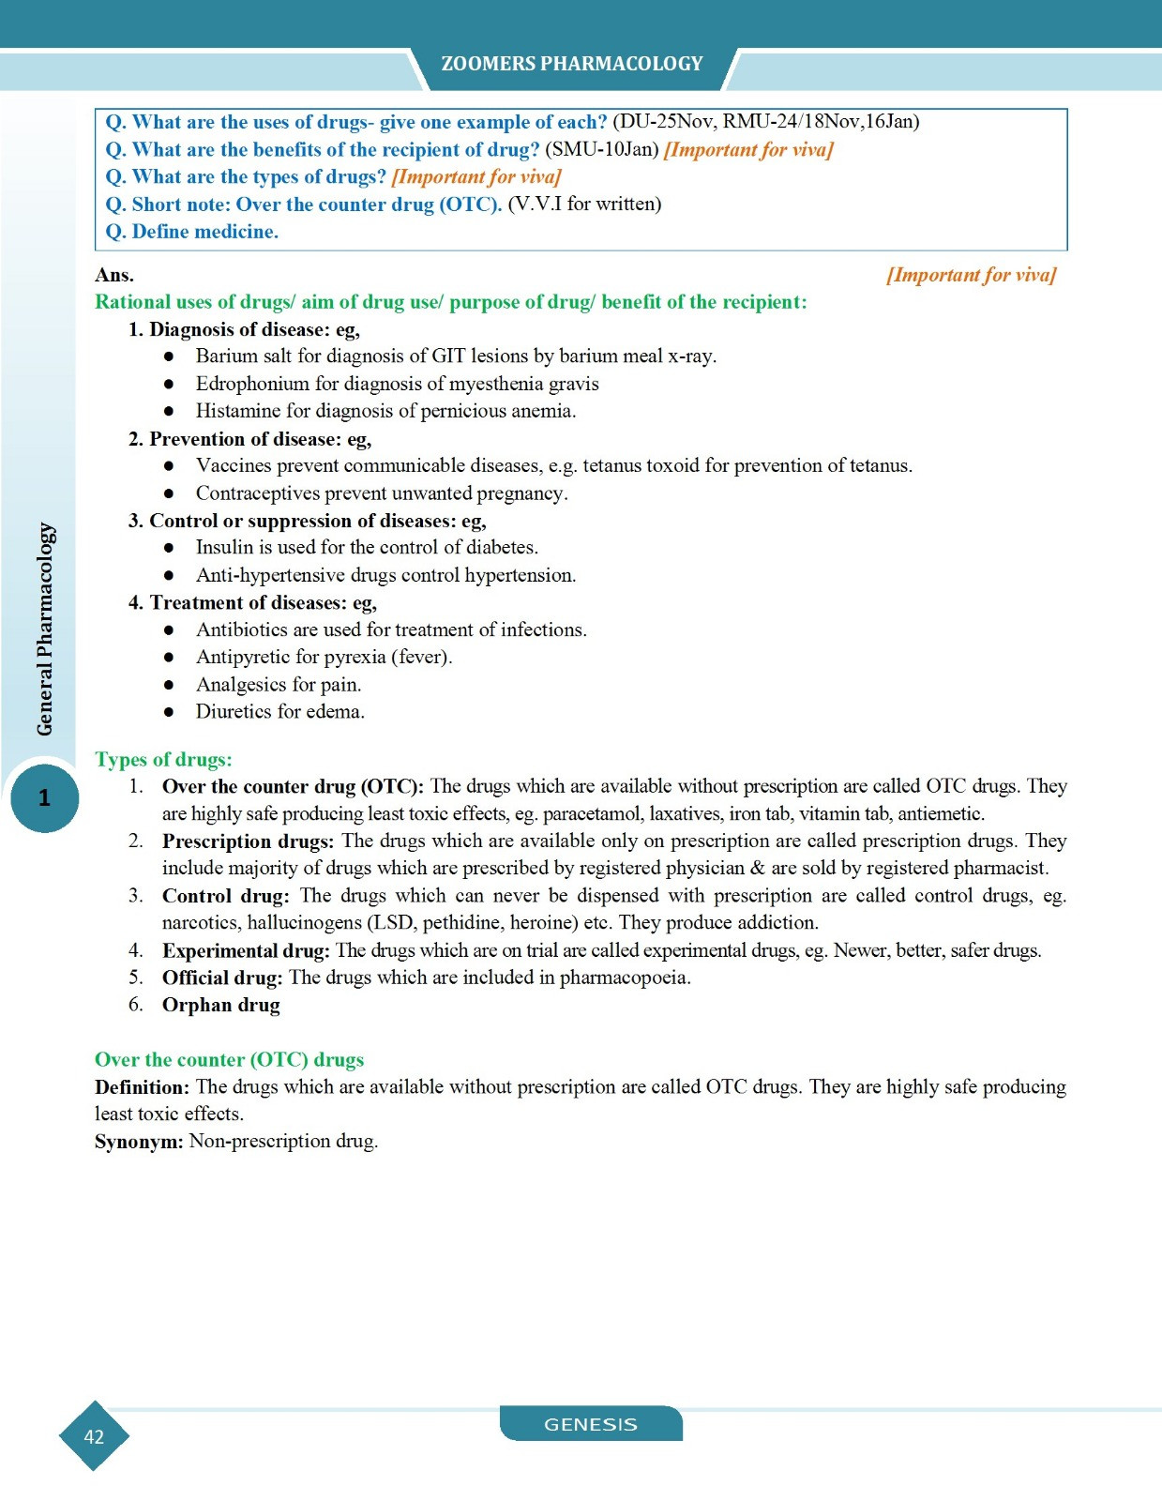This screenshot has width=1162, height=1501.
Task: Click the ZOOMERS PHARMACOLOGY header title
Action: [x=571, y=64]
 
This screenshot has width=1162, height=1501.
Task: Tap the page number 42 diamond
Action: [x=94, y=1436]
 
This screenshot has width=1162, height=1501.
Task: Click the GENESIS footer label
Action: [x=590, y=1424]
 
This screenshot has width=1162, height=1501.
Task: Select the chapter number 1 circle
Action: [x=44, y=798]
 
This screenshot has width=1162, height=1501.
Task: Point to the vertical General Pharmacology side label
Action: [x=45, y=629]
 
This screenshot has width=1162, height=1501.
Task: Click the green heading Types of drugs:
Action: [x=163, y=760]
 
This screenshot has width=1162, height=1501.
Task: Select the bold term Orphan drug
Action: [x=220, y=1005]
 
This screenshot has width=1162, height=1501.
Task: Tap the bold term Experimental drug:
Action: [x=246, y=950]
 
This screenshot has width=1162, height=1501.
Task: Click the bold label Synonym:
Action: [x=139, y=1142]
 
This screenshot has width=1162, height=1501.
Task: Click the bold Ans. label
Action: [x=114, y=275]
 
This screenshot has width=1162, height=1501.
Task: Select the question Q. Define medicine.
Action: [x=191, y=232]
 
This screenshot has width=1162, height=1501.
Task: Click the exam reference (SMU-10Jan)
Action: [x=602, y=149]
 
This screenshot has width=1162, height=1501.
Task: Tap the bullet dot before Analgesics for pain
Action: [x=169, y=685]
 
